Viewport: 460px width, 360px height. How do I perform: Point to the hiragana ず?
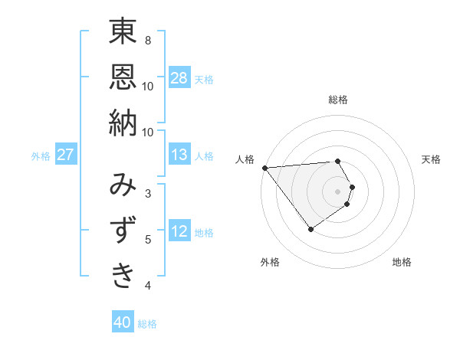pyautogui.click(x=123, y=230)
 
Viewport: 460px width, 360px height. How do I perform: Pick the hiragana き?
pyautogui.click(x=123, y=275)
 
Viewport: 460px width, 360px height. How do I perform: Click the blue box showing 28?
pyautogui.click(x=179, y=78)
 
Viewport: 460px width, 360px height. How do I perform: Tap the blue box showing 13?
pyautogui.click(x=179, y=155)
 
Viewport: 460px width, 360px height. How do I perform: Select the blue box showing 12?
pyautogui.click(x=179, y=231)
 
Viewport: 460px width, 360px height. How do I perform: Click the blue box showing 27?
pyautogui.click(x=66, y=155)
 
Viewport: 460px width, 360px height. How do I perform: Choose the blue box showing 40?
pyautogui.click(x=123, y=322)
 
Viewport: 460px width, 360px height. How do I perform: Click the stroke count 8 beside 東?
pyautogui.click(x=148, y=40)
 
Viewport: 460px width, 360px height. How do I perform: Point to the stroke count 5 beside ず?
pyautogui.click(x=148, y=240)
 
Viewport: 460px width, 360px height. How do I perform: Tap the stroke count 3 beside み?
pyautogui.click(x=148, y=193)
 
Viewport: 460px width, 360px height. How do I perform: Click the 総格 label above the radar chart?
pyautogui.click(x=338, y=100)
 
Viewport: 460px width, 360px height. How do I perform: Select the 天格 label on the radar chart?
pyautogui.click(x=432, y=159)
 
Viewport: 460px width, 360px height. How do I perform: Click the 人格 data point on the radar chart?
pyautogui.click(x=264, y=168)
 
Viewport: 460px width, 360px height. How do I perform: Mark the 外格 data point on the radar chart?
pyautogui.click(x=310, y=229)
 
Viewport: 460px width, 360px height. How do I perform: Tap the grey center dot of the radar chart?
pyautogui.click(x=338, y=191)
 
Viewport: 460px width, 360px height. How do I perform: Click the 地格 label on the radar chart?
pyautogui.click(x=402, y=262)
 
